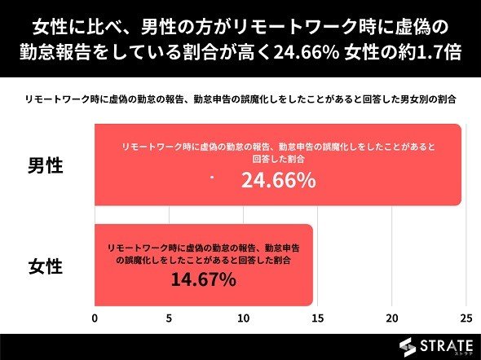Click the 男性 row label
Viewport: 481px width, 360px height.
point(46,166)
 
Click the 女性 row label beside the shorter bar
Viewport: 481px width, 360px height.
point(46,266)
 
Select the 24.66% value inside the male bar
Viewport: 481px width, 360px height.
point(279,180)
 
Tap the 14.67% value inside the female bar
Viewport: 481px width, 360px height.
point(203,279)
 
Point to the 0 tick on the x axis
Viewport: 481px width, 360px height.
point(95,318)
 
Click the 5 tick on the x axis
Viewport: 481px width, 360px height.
point(169,318)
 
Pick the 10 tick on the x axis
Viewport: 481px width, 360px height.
point(243,318)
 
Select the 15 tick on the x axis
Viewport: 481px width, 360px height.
point(317,318)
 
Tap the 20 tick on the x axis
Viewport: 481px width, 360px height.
point(392,318)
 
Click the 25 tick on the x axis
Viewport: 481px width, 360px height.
point(466,318)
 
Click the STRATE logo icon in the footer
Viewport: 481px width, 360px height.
point(408,348)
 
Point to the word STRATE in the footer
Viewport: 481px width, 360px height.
point(446,346)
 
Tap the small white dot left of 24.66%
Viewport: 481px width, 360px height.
point(212,178)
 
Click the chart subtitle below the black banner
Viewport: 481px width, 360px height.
point(240,99)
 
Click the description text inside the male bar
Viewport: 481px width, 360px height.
point(279,153)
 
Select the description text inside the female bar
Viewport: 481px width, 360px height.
point(203,254)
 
